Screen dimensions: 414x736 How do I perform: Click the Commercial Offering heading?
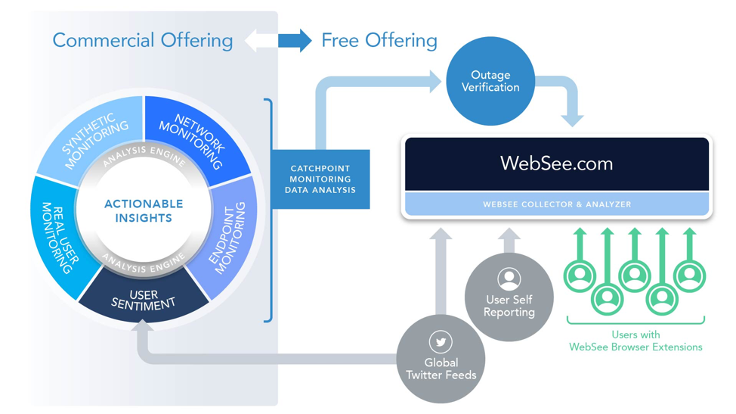(x=142, y=40)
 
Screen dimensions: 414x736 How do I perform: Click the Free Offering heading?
(x=379, y=40)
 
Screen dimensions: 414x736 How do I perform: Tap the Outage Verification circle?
(x=490, y=81)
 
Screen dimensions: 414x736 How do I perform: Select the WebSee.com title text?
(x=556, y=163)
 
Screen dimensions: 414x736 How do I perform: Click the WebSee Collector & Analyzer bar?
(x=557, y=204)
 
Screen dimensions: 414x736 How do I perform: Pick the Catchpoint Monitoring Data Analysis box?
(x=320, y=179)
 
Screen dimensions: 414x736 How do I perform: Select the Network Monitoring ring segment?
(x=198, y=136)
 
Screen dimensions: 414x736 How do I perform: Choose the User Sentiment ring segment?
(x=144, y=300)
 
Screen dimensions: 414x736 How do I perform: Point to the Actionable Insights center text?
(x=144, y=211)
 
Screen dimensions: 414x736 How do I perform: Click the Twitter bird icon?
(x=441, y=342)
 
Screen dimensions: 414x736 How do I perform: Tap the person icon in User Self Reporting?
(x=509, y=279)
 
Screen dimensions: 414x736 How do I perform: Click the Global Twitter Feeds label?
(x=441, y=369)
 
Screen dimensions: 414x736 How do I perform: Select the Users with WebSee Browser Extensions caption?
(x=635, y=341)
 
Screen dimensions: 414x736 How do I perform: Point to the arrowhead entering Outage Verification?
(x=435, y=82)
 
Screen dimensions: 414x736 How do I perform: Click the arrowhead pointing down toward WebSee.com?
(x=572, y=120)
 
